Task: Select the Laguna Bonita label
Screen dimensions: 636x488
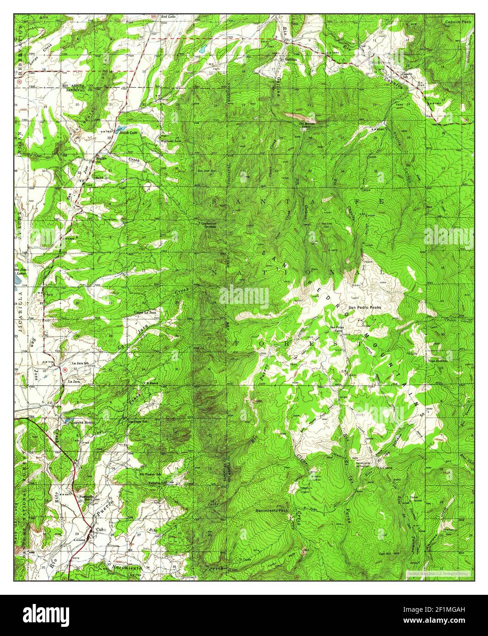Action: (x=83, y=422)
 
